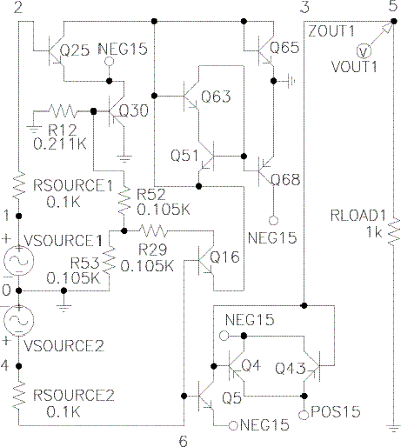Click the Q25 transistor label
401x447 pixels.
pyautogui.click(x=75, y=50)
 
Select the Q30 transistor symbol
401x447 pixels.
pyautogui.click(x=117, y=111)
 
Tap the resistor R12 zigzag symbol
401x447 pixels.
pyautogui.click(x=63, y=111)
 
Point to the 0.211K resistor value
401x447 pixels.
pyautogui.click(x=60, y=143)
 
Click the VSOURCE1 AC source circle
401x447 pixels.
pyautogui.click(x=18, y=260)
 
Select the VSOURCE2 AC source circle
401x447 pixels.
pyautogui.click(x=18, y=320)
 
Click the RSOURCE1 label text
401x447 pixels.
pyautogui.click(x=73, y=185)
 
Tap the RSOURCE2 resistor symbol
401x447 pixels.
pyautogui.click(x=18, y=396)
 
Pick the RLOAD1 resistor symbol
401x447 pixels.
pyautogui.click(x=393, y=231)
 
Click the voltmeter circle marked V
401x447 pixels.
pyautogui.click(x=364, y=51)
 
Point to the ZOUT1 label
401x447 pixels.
pyautogui.click(x=331, y=30)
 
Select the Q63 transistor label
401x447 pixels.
pyautogui.click(x=216, y=97)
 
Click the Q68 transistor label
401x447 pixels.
pyautogui.click(x=285, y=179)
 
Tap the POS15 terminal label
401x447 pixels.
pyautogui.click(x=336, y=411)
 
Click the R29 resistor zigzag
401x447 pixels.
pyautogui.click(x=153, y=231)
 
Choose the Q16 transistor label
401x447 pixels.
pyautogui.click(x=224, y=257)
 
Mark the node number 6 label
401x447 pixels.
pyautogui.click(x=184, y=441)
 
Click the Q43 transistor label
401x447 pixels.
pyautogui.click(x=291, y=368)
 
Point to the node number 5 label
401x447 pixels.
pyautogui.click(x=393, y=6)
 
